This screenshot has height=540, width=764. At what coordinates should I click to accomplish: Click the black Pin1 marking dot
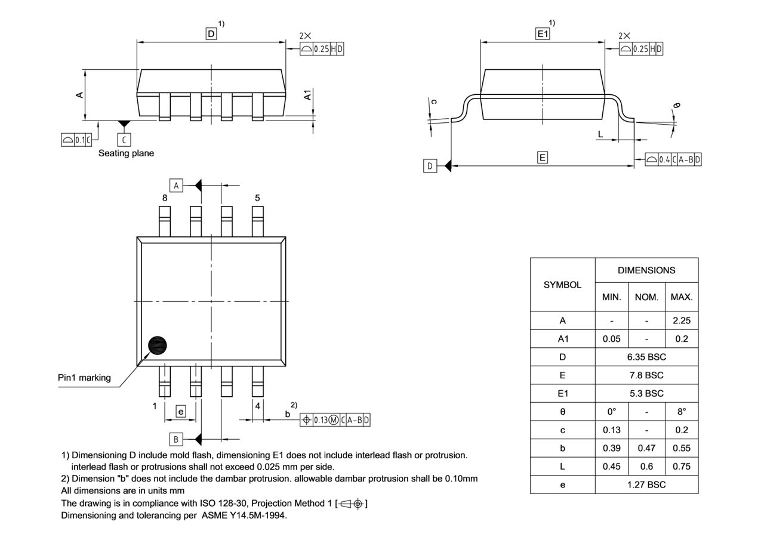tap(158, 345)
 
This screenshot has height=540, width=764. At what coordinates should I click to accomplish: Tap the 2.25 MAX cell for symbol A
tap(681, 320)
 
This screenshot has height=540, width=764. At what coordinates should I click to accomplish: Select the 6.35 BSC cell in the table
tap(646, 357)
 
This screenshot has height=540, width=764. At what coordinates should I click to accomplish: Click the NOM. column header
tap(646, 297)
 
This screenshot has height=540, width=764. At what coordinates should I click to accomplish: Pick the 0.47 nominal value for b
tap(646, 448)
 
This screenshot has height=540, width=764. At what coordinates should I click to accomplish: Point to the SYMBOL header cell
tap(562, 285)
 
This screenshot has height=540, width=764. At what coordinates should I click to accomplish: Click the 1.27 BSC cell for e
tap(646, 485)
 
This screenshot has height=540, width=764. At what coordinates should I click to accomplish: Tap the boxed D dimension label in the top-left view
tap(211, 34)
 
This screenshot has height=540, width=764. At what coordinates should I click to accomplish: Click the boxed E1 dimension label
tap(542, 34)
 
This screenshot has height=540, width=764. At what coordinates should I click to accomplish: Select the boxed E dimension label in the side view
tap(542, 158)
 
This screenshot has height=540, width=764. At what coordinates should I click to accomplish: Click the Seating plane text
tap(126, 153)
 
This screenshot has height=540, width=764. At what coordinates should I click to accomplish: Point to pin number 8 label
tap(164, 198)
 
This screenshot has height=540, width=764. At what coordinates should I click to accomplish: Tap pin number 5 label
tap(257, 198)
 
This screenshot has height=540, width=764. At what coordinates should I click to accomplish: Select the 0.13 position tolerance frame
tap(335, 419)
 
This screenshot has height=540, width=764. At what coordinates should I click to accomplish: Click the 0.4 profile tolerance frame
tap(673, 159)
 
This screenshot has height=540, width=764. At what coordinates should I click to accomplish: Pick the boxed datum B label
tap(176, 439)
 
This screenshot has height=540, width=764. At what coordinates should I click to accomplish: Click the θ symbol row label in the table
tap(562, 412)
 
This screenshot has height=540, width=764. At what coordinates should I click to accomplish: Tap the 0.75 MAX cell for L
tap(681, 467)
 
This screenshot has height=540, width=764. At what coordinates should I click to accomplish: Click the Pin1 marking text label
tap(84, 378)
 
